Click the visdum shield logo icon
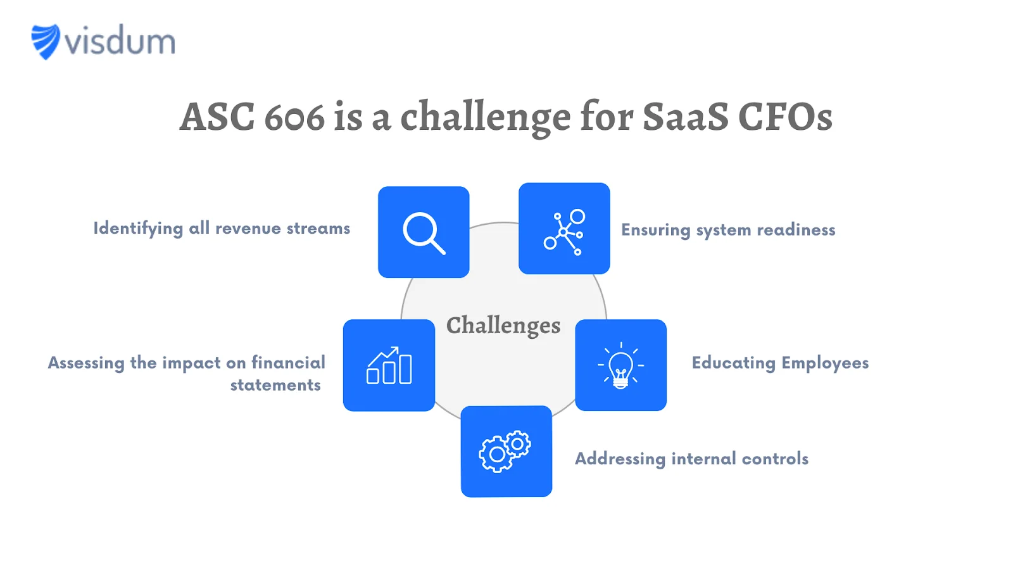pos(46,41)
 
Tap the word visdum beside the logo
pos(120,42)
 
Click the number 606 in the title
pos(294,117)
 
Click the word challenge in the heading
pos(485,118)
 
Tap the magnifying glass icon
pos(424,232)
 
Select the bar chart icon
pos(389,366)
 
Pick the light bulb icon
pos(620,365)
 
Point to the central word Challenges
pos(503,326)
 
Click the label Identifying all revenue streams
pos(222,229)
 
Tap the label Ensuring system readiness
pos(728,230)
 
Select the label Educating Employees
pos(780,363)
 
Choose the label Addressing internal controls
pos(691,459)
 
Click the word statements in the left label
pos(275,385)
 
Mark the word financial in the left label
pos(288,362)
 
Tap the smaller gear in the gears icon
pos(518,444)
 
